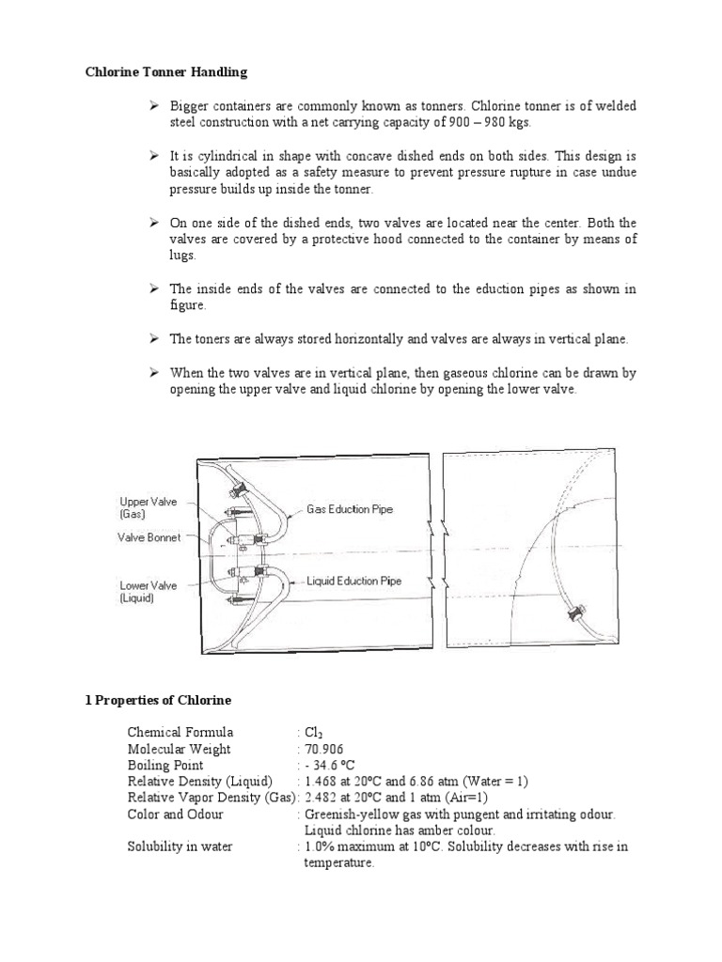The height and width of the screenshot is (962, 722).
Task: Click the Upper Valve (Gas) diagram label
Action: click(149, 508)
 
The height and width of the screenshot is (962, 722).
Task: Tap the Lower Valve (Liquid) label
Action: click(149, 591)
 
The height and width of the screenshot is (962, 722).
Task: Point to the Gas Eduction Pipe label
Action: click(350, 509)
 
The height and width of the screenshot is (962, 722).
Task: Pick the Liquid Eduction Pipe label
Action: click(354, 581)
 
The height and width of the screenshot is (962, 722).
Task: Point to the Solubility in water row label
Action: click(180, 846)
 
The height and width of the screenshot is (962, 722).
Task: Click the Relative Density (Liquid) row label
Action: click(200, 782)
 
